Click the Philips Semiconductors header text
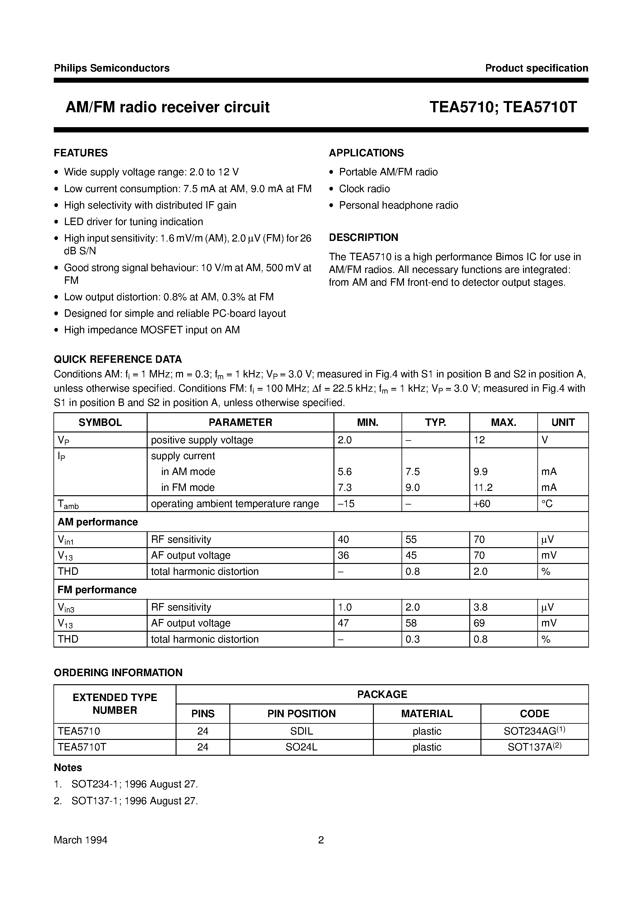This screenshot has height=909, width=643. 112,68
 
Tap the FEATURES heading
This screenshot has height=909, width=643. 81,153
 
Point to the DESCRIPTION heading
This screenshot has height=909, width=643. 364,237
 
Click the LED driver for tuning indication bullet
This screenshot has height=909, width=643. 133,221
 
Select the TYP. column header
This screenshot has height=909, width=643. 435,422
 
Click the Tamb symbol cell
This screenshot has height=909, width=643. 68,504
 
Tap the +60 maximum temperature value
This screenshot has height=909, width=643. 482,504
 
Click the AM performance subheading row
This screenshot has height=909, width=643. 98,522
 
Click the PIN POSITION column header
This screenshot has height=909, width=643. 301,714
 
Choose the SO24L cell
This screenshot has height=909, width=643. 301,747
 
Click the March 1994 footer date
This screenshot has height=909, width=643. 81,840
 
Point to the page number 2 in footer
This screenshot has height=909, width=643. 321,840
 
